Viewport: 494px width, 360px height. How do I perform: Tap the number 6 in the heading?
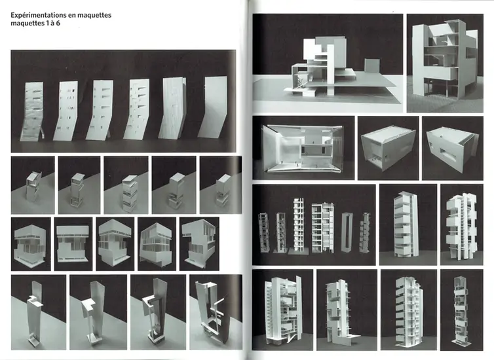(x=58, y=24)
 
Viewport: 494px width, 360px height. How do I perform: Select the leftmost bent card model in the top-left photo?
(x=31, y=111)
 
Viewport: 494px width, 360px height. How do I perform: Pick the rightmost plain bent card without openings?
(x=212, y=107)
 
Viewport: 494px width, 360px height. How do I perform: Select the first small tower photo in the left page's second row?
(x=33, y=185)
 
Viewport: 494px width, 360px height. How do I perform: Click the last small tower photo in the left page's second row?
(x=221, y=185)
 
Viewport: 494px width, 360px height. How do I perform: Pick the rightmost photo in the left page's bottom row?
(x=216, y=312)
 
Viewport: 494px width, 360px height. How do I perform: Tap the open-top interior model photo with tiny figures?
(x=304, y=148)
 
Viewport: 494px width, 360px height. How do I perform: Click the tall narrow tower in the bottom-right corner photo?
(x=461, y=310)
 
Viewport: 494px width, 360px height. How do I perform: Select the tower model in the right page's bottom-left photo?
(x=283, y=310)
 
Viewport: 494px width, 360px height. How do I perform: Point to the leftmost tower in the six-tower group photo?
(x=263, y=232)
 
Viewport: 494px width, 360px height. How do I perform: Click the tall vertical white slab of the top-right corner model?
(x=418, y=60)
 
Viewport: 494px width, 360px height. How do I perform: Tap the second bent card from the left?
(x=66, y=111)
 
